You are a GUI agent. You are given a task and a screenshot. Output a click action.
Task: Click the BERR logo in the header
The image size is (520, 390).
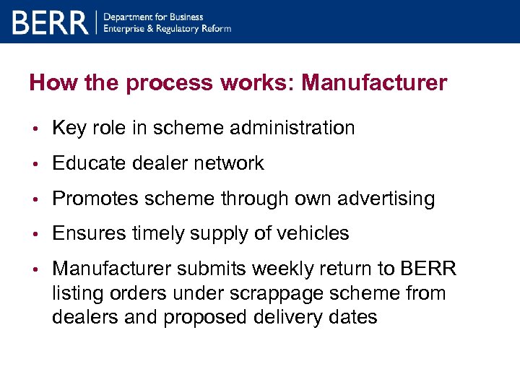coord(49,22)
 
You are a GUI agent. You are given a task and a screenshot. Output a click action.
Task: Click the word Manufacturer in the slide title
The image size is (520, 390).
coord(374,83)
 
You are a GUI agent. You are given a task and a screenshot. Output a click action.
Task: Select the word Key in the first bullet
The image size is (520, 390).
coord(69,129)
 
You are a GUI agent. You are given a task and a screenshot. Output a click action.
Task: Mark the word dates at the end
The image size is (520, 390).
coord(352,318)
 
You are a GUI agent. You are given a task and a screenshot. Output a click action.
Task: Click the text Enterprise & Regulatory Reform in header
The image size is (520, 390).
coord(168,29)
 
